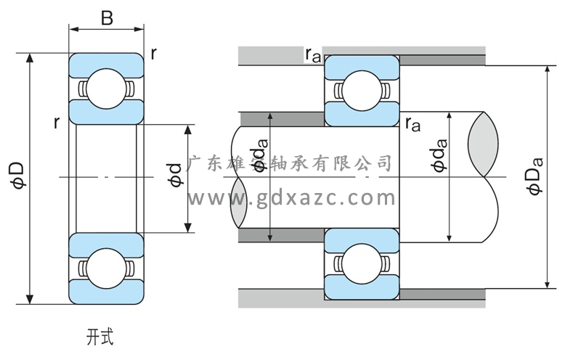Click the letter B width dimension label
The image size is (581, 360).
(107, 18)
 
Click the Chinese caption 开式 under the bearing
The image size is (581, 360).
(99, 336)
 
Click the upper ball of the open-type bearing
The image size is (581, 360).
(106, 89)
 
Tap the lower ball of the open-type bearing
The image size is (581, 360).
(106, 269)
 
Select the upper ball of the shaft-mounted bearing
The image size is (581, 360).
(361, 89)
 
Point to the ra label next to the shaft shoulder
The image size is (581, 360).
(413, 123)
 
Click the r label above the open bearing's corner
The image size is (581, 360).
(154, 54)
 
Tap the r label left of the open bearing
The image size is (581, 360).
(56, 123)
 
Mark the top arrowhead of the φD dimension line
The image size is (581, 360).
(30, 58)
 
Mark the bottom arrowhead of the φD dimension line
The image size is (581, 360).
(30, 298)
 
